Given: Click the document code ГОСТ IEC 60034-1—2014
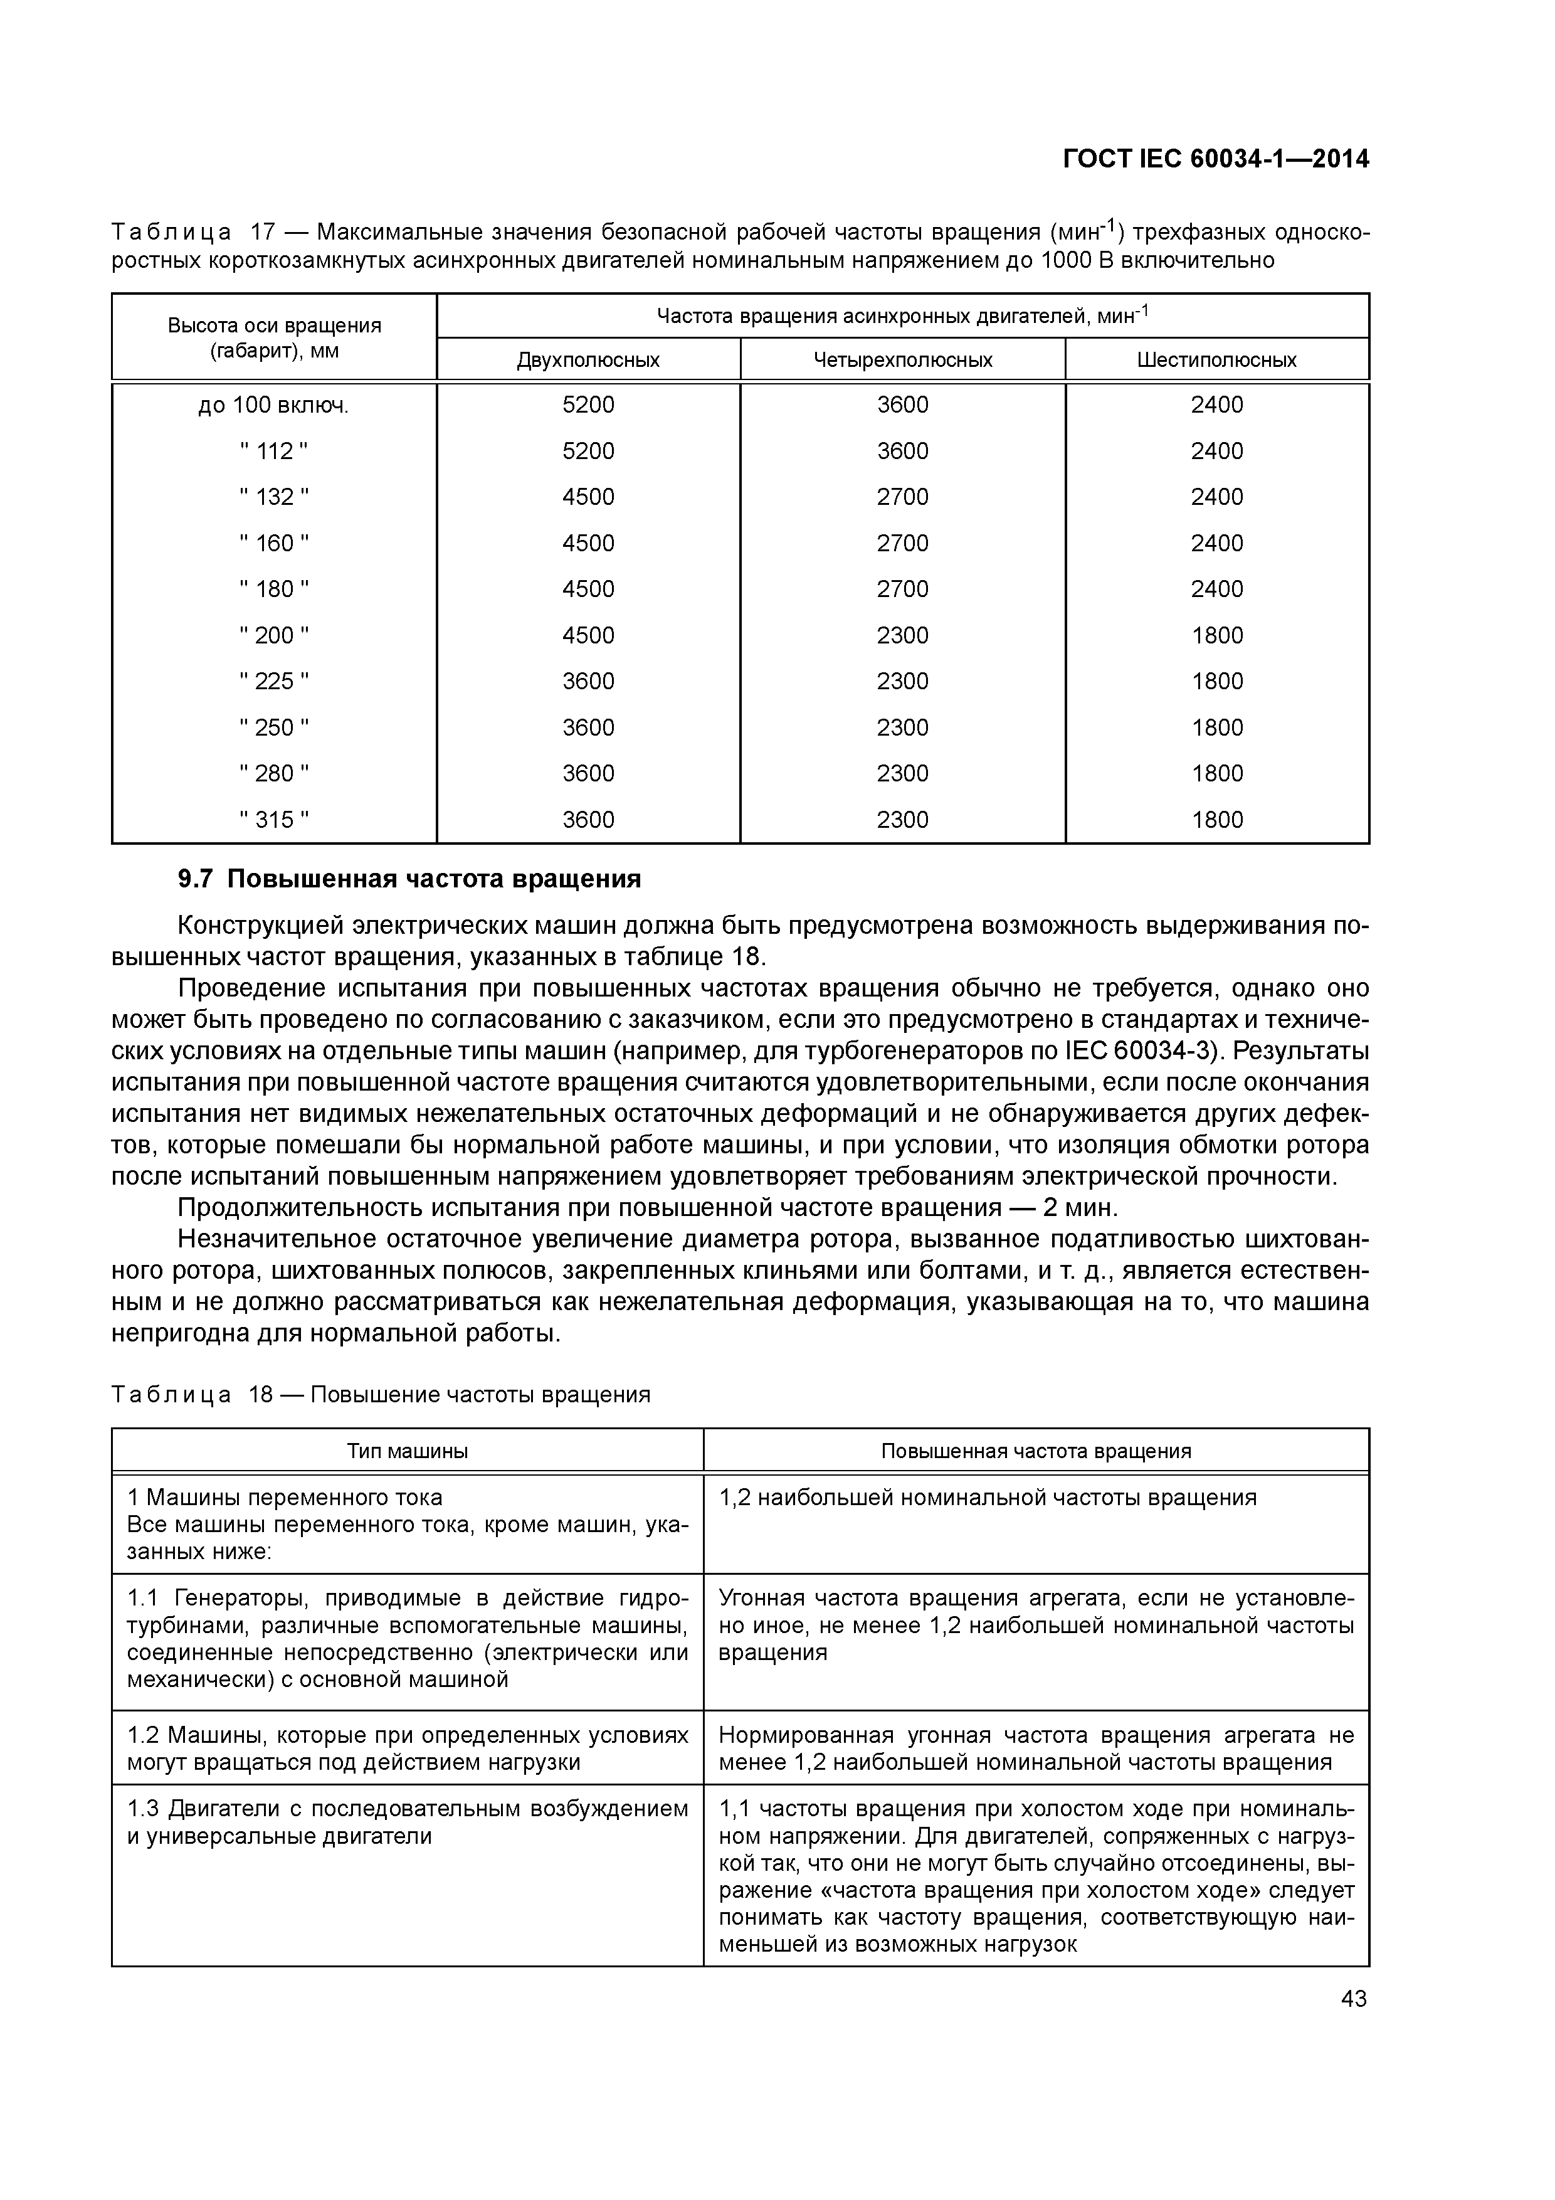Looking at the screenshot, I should (1215, 159).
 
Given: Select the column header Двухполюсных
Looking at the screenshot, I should (588, 360).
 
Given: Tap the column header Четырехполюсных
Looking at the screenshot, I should (902, 360).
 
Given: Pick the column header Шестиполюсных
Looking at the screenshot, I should (1217, 360).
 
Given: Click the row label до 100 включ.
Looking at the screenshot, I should (274, 405).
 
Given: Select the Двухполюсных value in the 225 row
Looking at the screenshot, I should (588, 681).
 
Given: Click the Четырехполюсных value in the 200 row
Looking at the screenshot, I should (902, 635).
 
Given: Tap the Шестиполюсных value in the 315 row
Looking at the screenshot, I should (1217, 819).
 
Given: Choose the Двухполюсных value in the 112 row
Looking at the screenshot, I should (588, 452).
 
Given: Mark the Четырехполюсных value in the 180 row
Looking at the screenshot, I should (902, 590).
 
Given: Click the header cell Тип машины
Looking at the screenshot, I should (407, 1451).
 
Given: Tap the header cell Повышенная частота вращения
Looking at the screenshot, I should (1036, 1451).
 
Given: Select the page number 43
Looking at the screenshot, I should (1354, 1999).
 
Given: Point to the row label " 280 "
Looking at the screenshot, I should (274, 773).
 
